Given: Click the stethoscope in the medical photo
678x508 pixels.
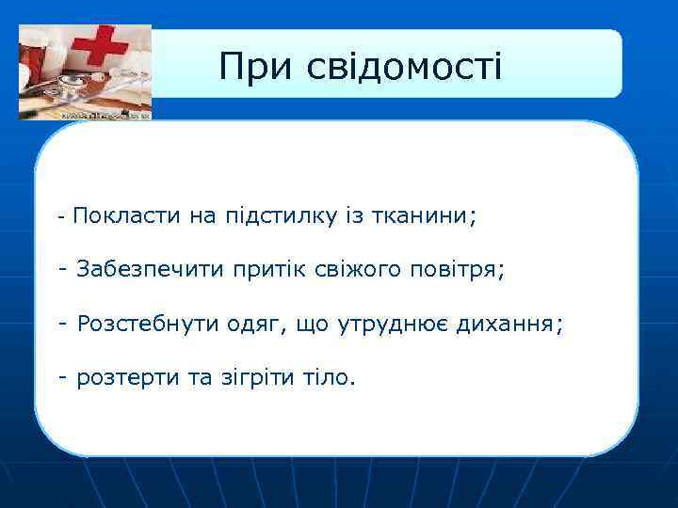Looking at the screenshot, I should tap(71, 94).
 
